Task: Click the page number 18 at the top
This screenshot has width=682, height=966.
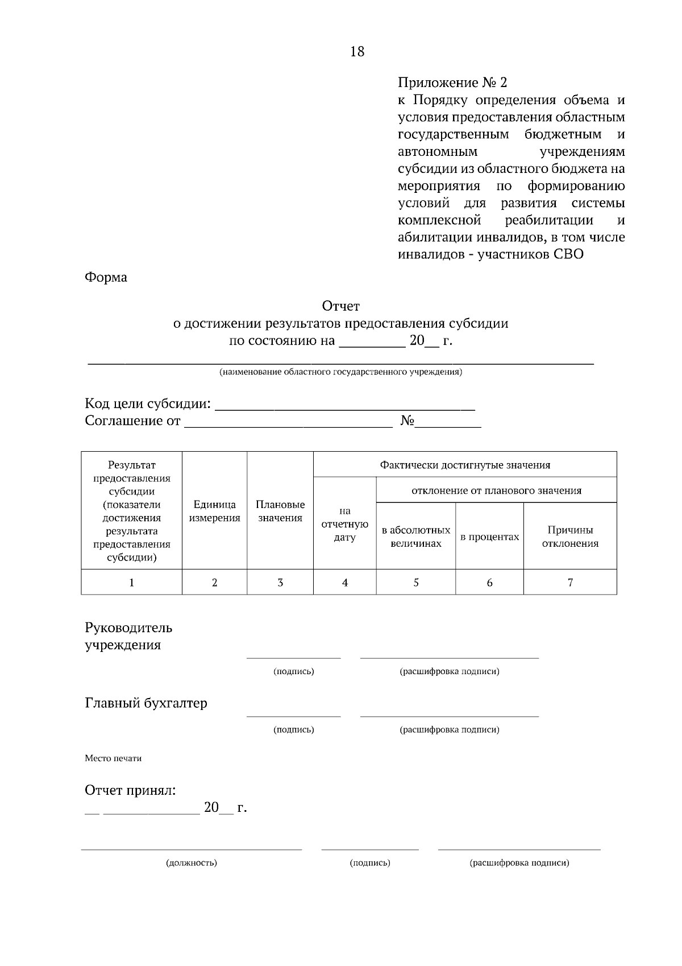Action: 357,52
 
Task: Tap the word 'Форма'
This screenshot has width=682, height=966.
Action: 106,278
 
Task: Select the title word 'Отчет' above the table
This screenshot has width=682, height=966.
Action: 341,307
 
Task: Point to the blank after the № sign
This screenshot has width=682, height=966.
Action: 448,422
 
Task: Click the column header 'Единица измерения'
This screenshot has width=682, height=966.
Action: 214,511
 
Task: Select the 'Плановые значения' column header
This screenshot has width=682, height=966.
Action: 280,511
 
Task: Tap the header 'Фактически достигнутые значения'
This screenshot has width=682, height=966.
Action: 465,465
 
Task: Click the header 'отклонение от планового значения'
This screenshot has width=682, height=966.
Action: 496,490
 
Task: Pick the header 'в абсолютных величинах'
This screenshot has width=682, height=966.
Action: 416,536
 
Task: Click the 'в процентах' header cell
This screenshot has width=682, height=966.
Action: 489,536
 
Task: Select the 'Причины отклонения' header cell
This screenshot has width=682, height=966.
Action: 570,536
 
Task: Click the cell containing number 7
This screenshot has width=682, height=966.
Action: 570,583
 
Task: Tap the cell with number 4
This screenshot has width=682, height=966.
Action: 345,583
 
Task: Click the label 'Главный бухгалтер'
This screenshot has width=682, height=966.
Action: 146,703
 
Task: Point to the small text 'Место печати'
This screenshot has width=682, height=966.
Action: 113,758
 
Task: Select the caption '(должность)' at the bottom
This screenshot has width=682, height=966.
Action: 192,863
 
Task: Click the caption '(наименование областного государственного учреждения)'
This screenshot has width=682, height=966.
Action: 341,373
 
